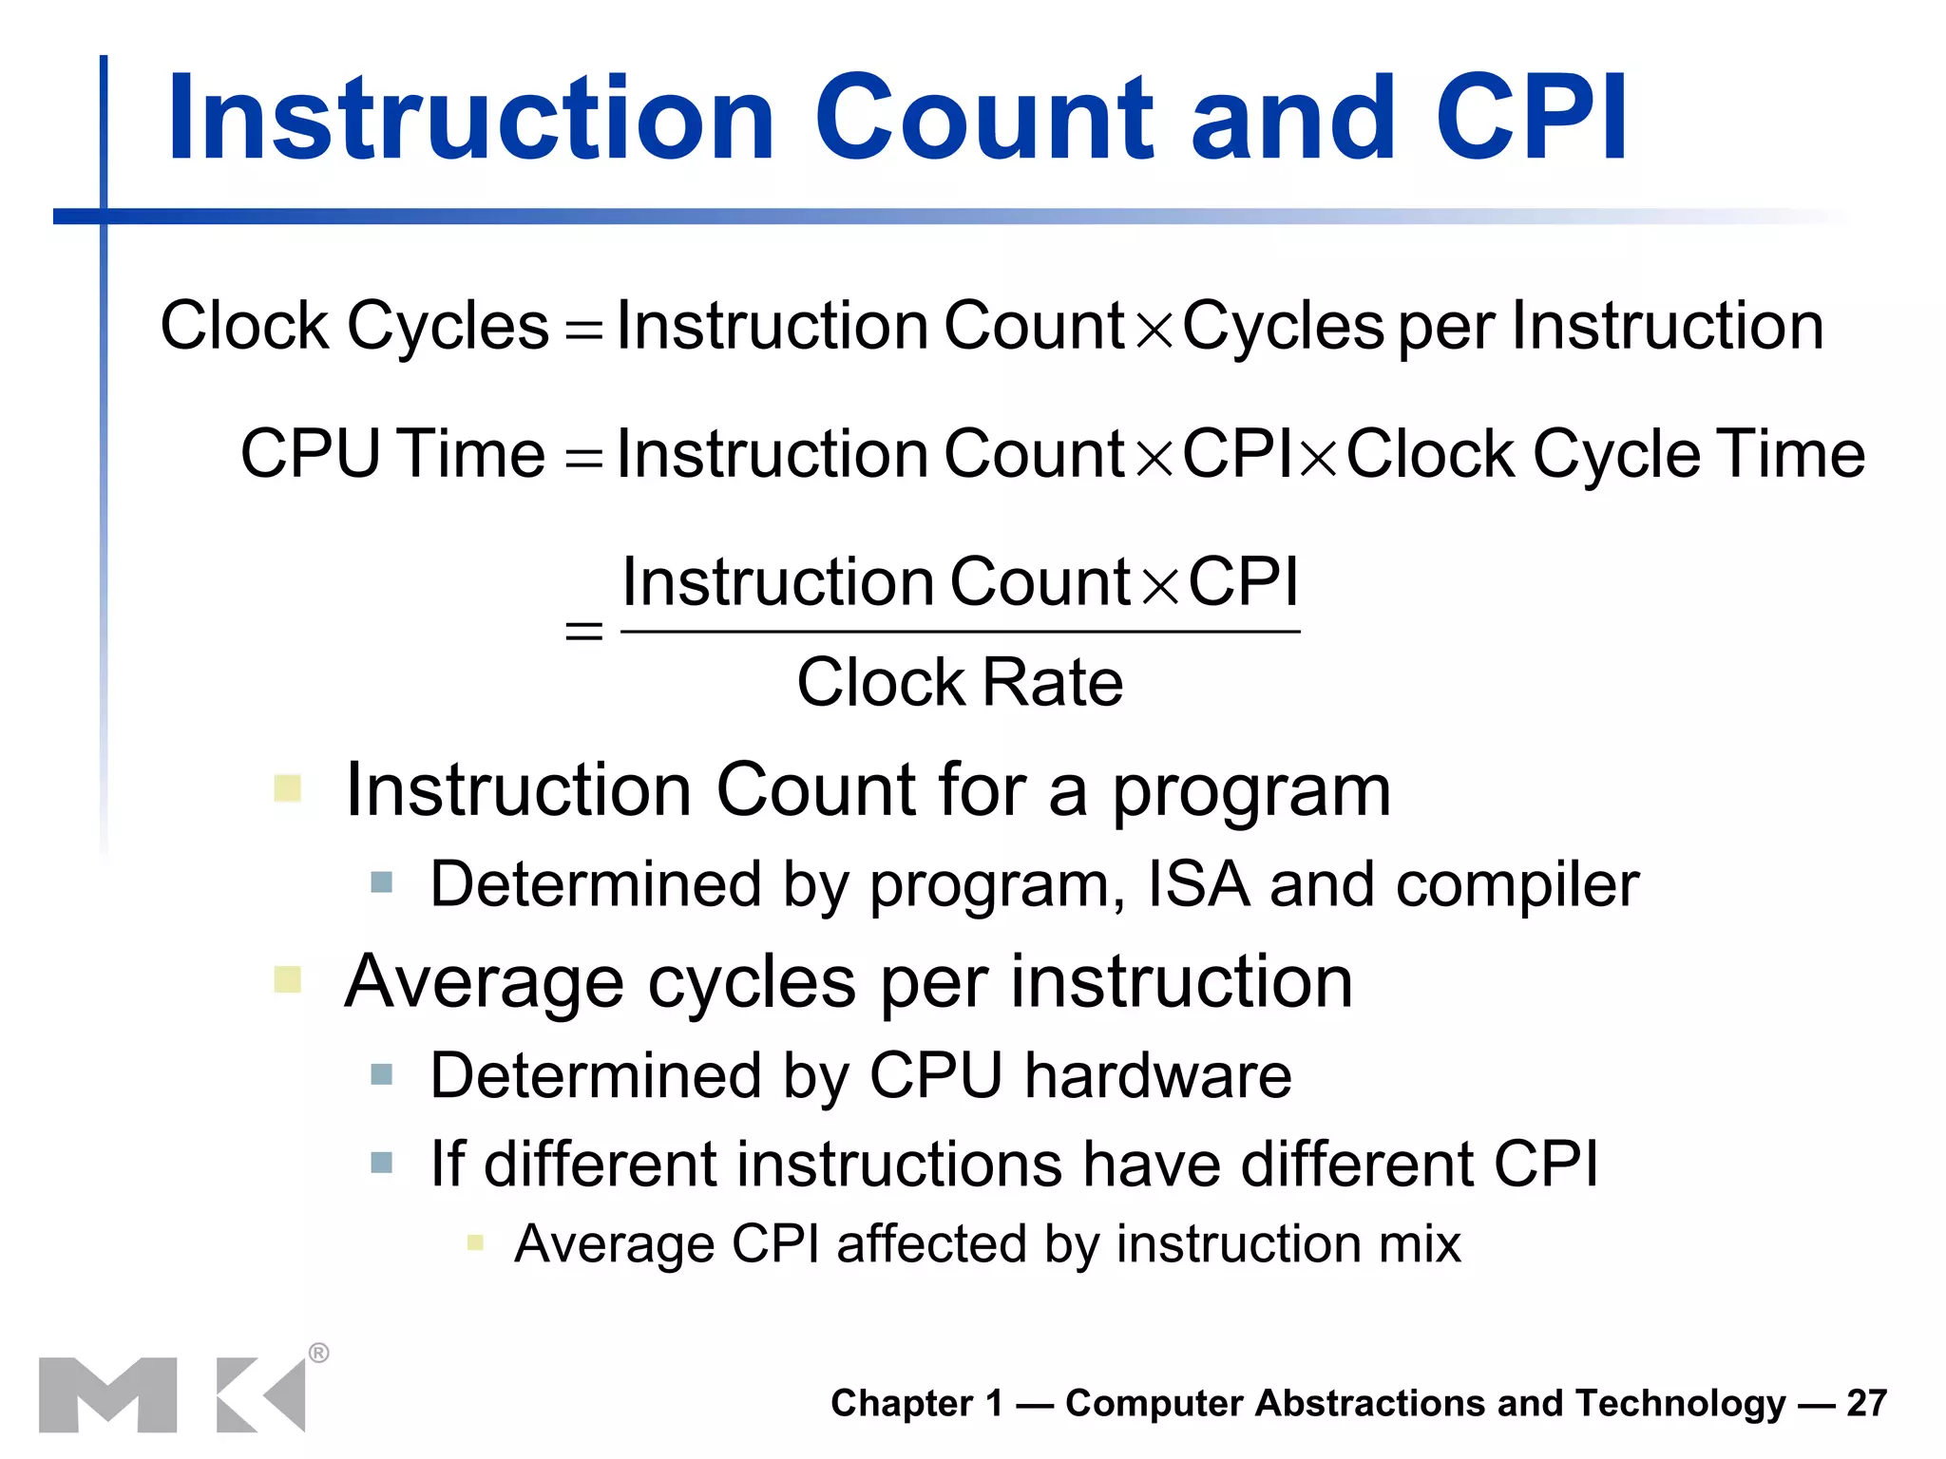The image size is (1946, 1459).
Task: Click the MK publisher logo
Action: tap(171, 1394)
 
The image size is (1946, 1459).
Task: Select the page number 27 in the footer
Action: tap(1866, 1403)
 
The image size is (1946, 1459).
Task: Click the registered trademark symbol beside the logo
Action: tap(319, 1353)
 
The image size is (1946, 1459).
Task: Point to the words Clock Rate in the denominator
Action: tap(960, 682)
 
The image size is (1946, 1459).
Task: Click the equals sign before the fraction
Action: tap(583, 631)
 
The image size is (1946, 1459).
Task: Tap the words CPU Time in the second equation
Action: tap(392, 453)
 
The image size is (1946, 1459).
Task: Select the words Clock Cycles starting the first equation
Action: tap(354, 326)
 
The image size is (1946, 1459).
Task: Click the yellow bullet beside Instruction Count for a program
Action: tap(287, 788)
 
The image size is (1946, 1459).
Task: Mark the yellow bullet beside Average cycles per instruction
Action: tap(287, 979)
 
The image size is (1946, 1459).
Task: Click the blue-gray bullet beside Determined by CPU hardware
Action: tap(381, 1074)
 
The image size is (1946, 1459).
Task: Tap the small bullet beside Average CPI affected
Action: tap(476, 1242)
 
